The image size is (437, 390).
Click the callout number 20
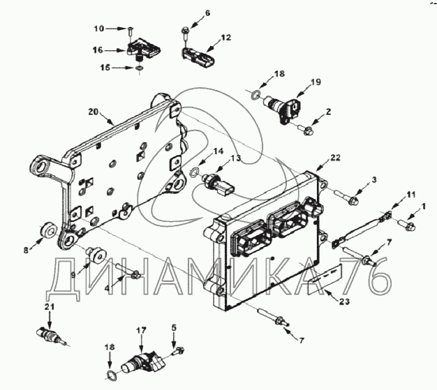coord(94,112)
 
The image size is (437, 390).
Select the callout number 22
coord(335,158)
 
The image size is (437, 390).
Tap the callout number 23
coord(344,301)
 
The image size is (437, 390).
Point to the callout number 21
coord(50,307)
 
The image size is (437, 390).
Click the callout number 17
coord(141,331)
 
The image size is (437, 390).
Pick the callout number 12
coord(226,37)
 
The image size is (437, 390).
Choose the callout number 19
coord(316,82)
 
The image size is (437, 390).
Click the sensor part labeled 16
coord(144,50)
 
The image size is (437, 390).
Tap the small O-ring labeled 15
coord(139,68)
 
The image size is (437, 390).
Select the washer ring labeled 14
coord(193,172)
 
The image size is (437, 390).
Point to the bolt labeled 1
coord(407,225)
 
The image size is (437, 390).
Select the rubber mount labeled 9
coord(96,255)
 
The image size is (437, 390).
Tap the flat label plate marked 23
coord(325,280)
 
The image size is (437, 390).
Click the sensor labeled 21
coord(51,335)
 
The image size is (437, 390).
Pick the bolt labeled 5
coord(177,351)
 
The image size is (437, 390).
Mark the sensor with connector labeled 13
coord(218,184)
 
